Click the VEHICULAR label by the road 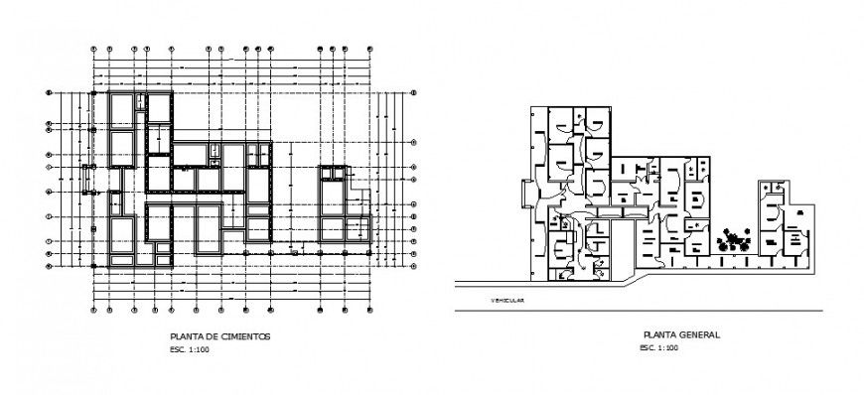click(x=507, y=299)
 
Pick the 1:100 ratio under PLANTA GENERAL click(x=667, y=348)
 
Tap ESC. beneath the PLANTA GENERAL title click(x=647, y=348)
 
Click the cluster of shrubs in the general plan click(x=736, y=239)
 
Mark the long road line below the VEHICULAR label click(x=636, y=312)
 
